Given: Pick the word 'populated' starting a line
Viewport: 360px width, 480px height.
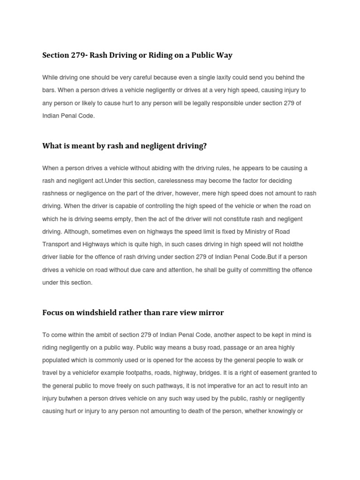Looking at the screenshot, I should (56, 360).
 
